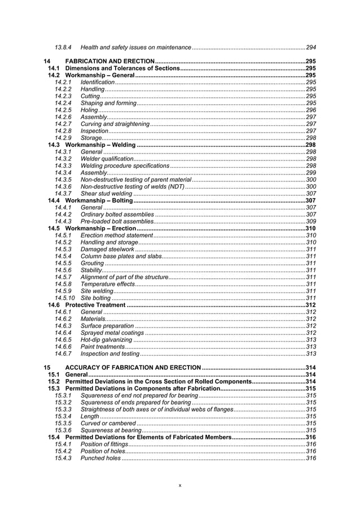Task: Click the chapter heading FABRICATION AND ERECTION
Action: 110,61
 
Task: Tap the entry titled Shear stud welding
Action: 107,193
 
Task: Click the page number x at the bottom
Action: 179,485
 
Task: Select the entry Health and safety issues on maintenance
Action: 136,46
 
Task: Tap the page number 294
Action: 310,46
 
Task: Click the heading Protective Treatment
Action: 95,305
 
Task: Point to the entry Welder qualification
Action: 107,159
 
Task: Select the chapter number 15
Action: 47,368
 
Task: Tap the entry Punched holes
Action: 100,458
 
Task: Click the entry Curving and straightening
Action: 115,124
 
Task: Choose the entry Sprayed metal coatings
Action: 112,333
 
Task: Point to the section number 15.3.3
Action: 63,409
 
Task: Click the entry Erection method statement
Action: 117,235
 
